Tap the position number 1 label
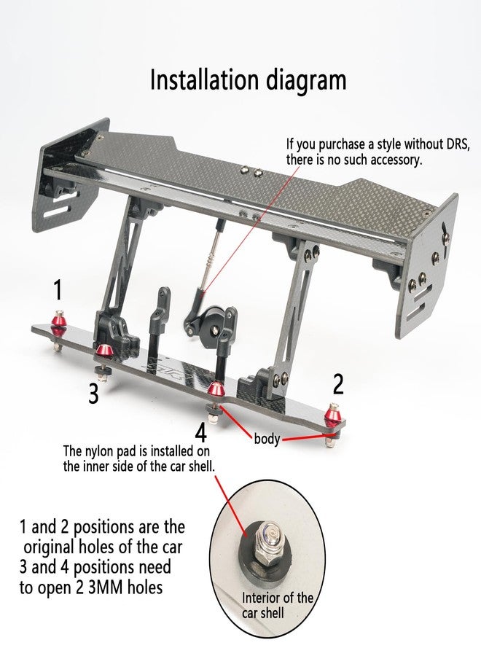tap(58, 290)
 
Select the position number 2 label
tap(338, 384)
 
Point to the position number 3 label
tap(94, 394)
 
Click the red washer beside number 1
tap(59, 322)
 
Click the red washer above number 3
tap(103, 351)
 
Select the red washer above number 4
tap(216, 388)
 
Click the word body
tap(267, 439)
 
